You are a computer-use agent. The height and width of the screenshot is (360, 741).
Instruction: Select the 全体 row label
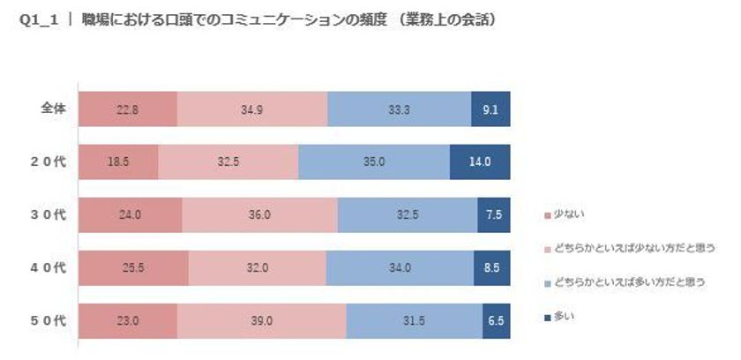[52, 109]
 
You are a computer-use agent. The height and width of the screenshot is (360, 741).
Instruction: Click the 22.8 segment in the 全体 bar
[127, 109]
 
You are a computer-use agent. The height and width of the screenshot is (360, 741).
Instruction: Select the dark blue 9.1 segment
[490, 109]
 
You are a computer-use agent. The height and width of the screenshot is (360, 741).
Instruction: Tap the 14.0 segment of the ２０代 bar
[480, 162]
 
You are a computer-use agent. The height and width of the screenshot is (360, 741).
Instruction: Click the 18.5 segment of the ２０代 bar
[118, 162]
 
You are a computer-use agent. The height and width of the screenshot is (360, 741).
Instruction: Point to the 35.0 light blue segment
[374, 162]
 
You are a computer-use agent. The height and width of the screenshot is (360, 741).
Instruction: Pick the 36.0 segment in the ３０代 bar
[259, 215]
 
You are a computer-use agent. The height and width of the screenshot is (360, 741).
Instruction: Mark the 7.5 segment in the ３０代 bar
[494, 215]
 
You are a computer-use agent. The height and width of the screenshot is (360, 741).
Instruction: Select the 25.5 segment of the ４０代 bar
[133, 269]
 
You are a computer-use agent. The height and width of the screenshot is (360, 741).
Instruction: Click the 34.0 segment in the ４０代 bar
[400, 269]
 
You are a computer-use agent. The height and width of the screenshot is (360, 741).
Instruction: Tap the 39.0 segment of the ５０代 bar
[261, 322]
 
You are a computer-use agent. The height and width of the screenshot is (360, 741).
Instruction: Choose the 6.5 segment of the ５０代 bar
[497, 322]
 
